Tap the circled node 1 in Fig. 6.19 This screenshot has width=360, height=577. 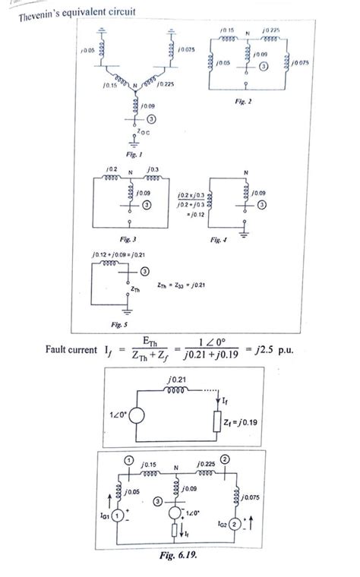(130, 462)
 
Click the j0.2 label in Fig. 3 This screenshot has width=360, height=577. (112, 168)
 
